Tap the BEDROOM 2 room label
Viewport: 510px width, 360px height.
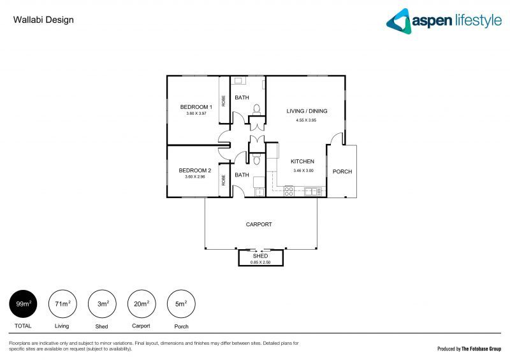point(194,170)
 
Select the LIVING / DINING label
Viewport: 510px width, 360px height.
point(306,111)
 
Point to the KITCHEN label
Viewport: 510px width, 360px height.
point(303,162)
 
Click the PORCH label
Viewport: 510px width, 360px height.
point(342,171)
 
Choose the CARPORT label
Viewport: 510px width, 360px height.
point(259,224)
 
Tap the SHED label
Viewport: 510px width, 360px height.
point(260,256)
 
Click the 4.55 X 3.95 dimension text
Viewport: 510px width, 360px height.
point(306,120)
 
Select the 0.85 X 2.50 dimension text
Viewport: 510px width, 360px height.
point(260,262)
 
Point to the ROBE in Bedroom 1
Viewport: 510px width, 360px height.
point(224,100)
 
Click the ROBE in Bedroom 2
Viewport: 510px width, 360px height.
point(224,180)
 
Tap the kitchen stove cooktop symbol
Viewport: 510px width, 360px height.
point(288,191)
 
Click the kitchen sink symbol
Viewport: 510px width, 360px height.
point(312,191)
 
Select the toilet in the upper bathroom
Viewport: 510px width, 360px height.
point(256,109)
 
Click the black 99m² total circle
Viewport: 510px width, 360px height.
point(22,304)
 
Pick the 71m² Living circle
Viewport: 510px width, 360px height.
point(62,304)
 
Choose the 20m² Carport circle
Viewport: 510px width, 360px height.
point(141,304)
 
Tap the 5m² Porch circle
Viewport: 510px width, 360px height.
point(180,304)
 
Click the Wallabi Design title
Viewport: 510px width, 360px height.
point(43,20)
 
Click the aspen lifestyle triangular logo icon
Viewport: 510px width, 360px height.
point(399,20)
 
